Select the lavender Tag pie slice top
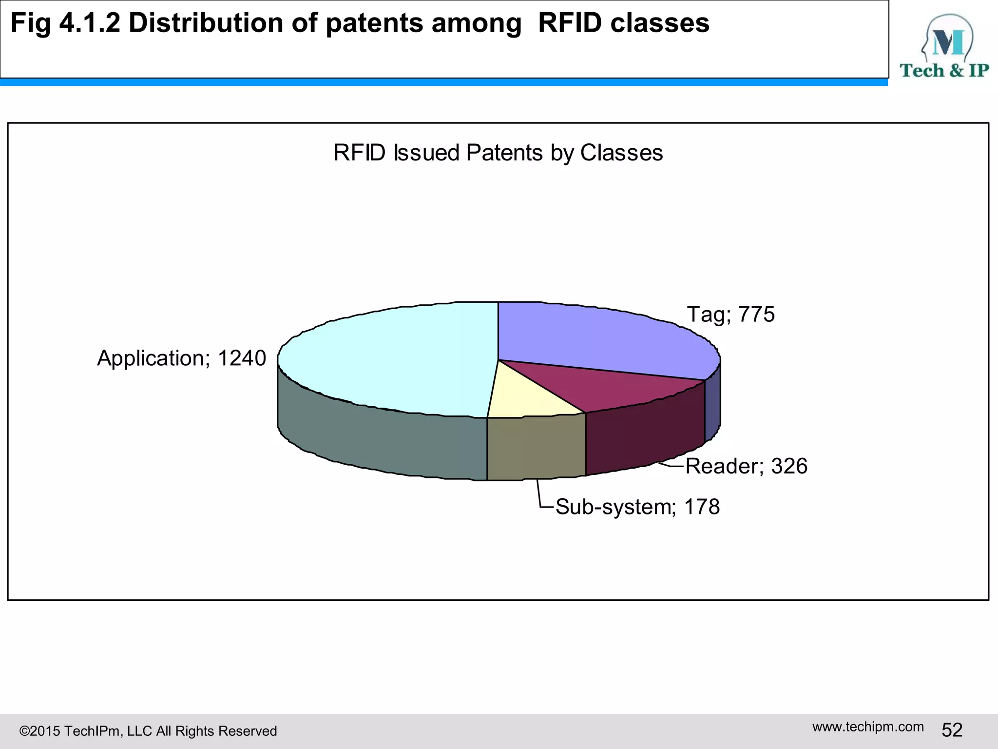click(x=599, y=336)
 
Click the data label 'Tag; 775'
click(x=730, y=315)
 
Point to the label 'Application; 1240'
click(x=181, y=358)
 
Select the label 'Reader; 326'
click(x=746, y=466)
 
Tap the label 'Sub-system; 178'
click(x=637, y=507)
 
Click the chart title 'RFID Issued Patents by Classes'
click(x=498, y=153)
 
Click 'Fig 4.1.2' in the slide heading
click(x=65, y=23)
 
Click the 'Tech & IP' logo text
click(x=944, y=71)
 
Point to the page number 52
click(x=952, y=730)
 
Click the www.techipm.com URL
click(x=868, y=727)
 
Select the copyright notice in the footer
click(x=148, y=731)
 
